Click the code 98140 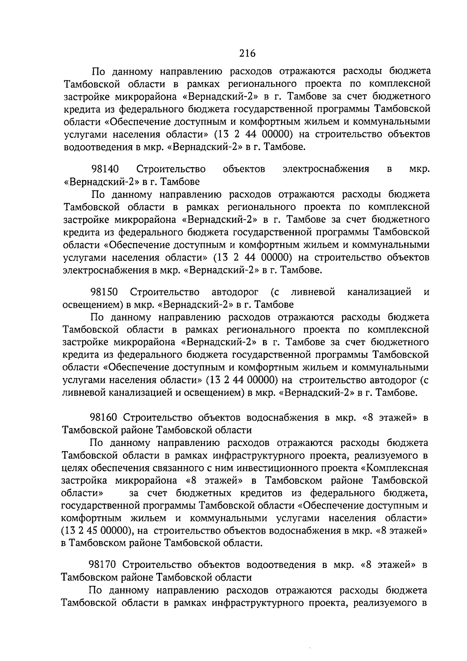point(105,169)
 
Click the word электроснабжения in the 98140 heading point(326,169)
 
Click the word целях point(75,467)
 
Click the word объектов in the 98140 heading point(244,169)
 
